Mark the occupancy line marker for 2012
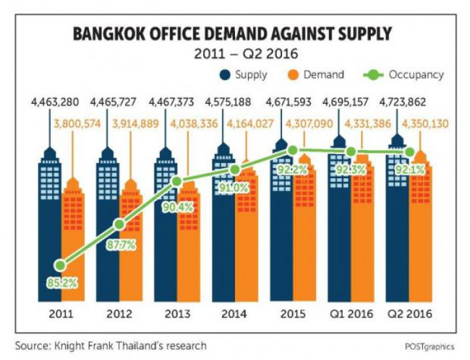(x=119, y=224)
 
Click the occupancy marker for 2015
(x=293, y=151)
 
